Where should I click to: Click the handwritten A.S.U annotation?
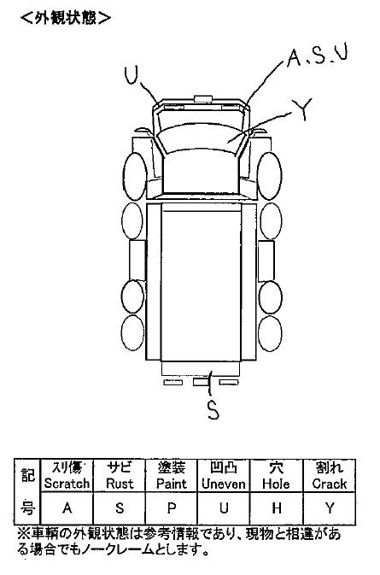318,56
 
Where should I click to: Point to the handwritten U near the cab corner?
132,75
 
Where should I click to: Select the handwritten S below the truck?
213,409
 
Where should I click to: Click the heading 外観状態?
66,18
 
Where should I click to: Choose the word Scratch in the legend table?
67,484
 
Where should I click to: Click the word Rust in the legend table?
120,484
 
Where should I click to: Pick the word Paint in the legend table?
172,484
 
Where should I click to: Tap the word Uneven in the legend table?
224,484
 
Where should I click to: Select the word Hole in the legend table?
276,484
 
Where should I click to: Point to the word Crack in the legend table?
330,484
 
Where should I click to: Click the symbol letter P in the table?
172,508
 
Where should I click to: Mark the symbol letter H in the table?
277,508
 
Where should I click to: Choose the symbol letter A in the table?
67,508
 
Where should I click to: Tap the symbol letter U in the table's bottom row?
224,508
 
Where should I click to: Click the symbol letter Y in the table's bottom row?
330,508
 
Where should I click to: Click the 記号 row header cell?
27,491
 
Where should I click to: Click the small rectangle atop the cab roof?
203,98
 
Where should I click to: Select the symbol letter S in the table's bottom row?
120,508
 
